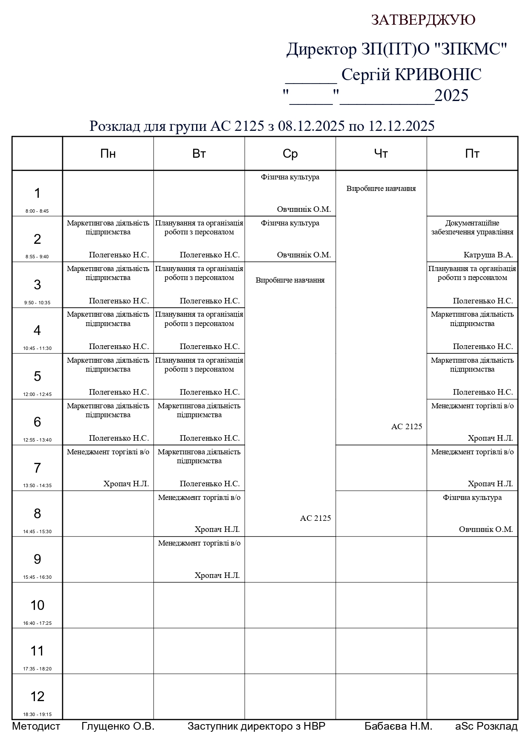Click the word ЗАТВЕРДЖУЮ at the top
423,20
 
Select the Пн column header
108,154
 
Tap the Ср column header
290,154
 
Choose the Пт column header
472,154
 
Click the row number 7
37,468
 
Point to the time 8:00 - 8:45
37,211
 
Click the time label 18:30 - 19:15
37,714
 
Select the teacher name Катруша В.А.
488,255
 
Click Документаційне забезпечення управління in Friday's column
472,228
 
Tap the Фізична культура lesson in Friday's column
472,497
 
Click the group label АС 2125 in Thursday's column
407,427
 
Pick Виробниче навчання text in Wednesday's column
290,280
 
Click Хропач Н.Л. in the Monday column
126,484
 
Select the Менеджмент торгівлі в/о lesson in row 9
199,543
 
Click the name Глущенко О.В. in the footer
118,726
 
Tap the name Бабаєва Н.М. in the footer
398,726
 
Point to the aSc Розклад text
486,726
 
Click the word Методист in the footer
36,726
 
